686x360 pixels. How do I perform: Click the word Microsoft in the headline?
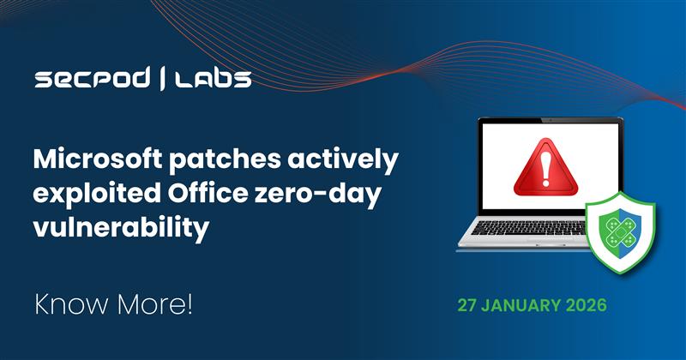point(93,159)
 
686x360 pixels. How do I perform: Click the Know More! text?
point(113,304)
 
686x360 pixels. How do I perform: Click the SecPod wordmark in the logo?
point(92,81)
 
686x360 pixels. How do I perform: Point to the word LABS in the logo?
point(214,81)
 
